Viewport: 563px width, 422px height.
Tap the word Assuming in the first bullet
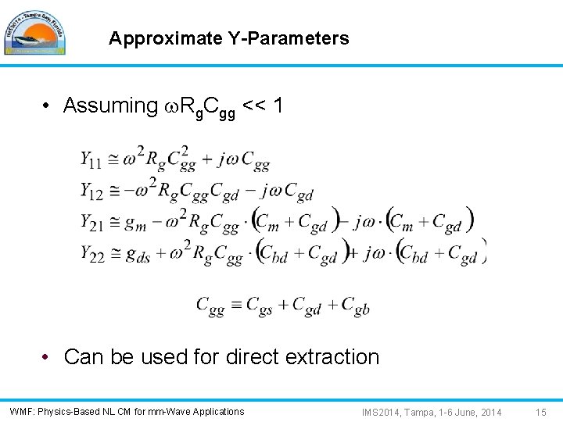click(110, 105)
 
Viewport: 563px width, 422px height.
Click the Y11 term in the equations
click(90, 160)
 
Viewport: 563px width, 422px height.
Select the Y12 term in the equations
click(91, 190)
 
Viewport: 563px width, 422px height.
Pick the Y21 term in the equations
click(91, 222)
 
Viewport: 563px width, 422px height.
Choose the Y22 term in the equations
click(91, 254)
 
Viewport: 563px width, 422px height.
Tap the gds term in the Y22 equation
click(138, 256)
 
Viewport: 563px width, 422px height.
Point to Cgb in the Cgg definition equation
click(356, 306)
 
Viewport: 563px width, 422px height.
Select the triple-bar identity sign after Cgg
click(235, 305)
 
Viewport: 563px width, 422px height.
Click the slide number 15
click(540, 412)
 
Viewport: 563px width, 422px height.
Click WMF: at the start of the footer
click(22, 412)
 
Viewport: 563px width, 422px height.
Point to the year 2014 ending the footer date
click(489, 412)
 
